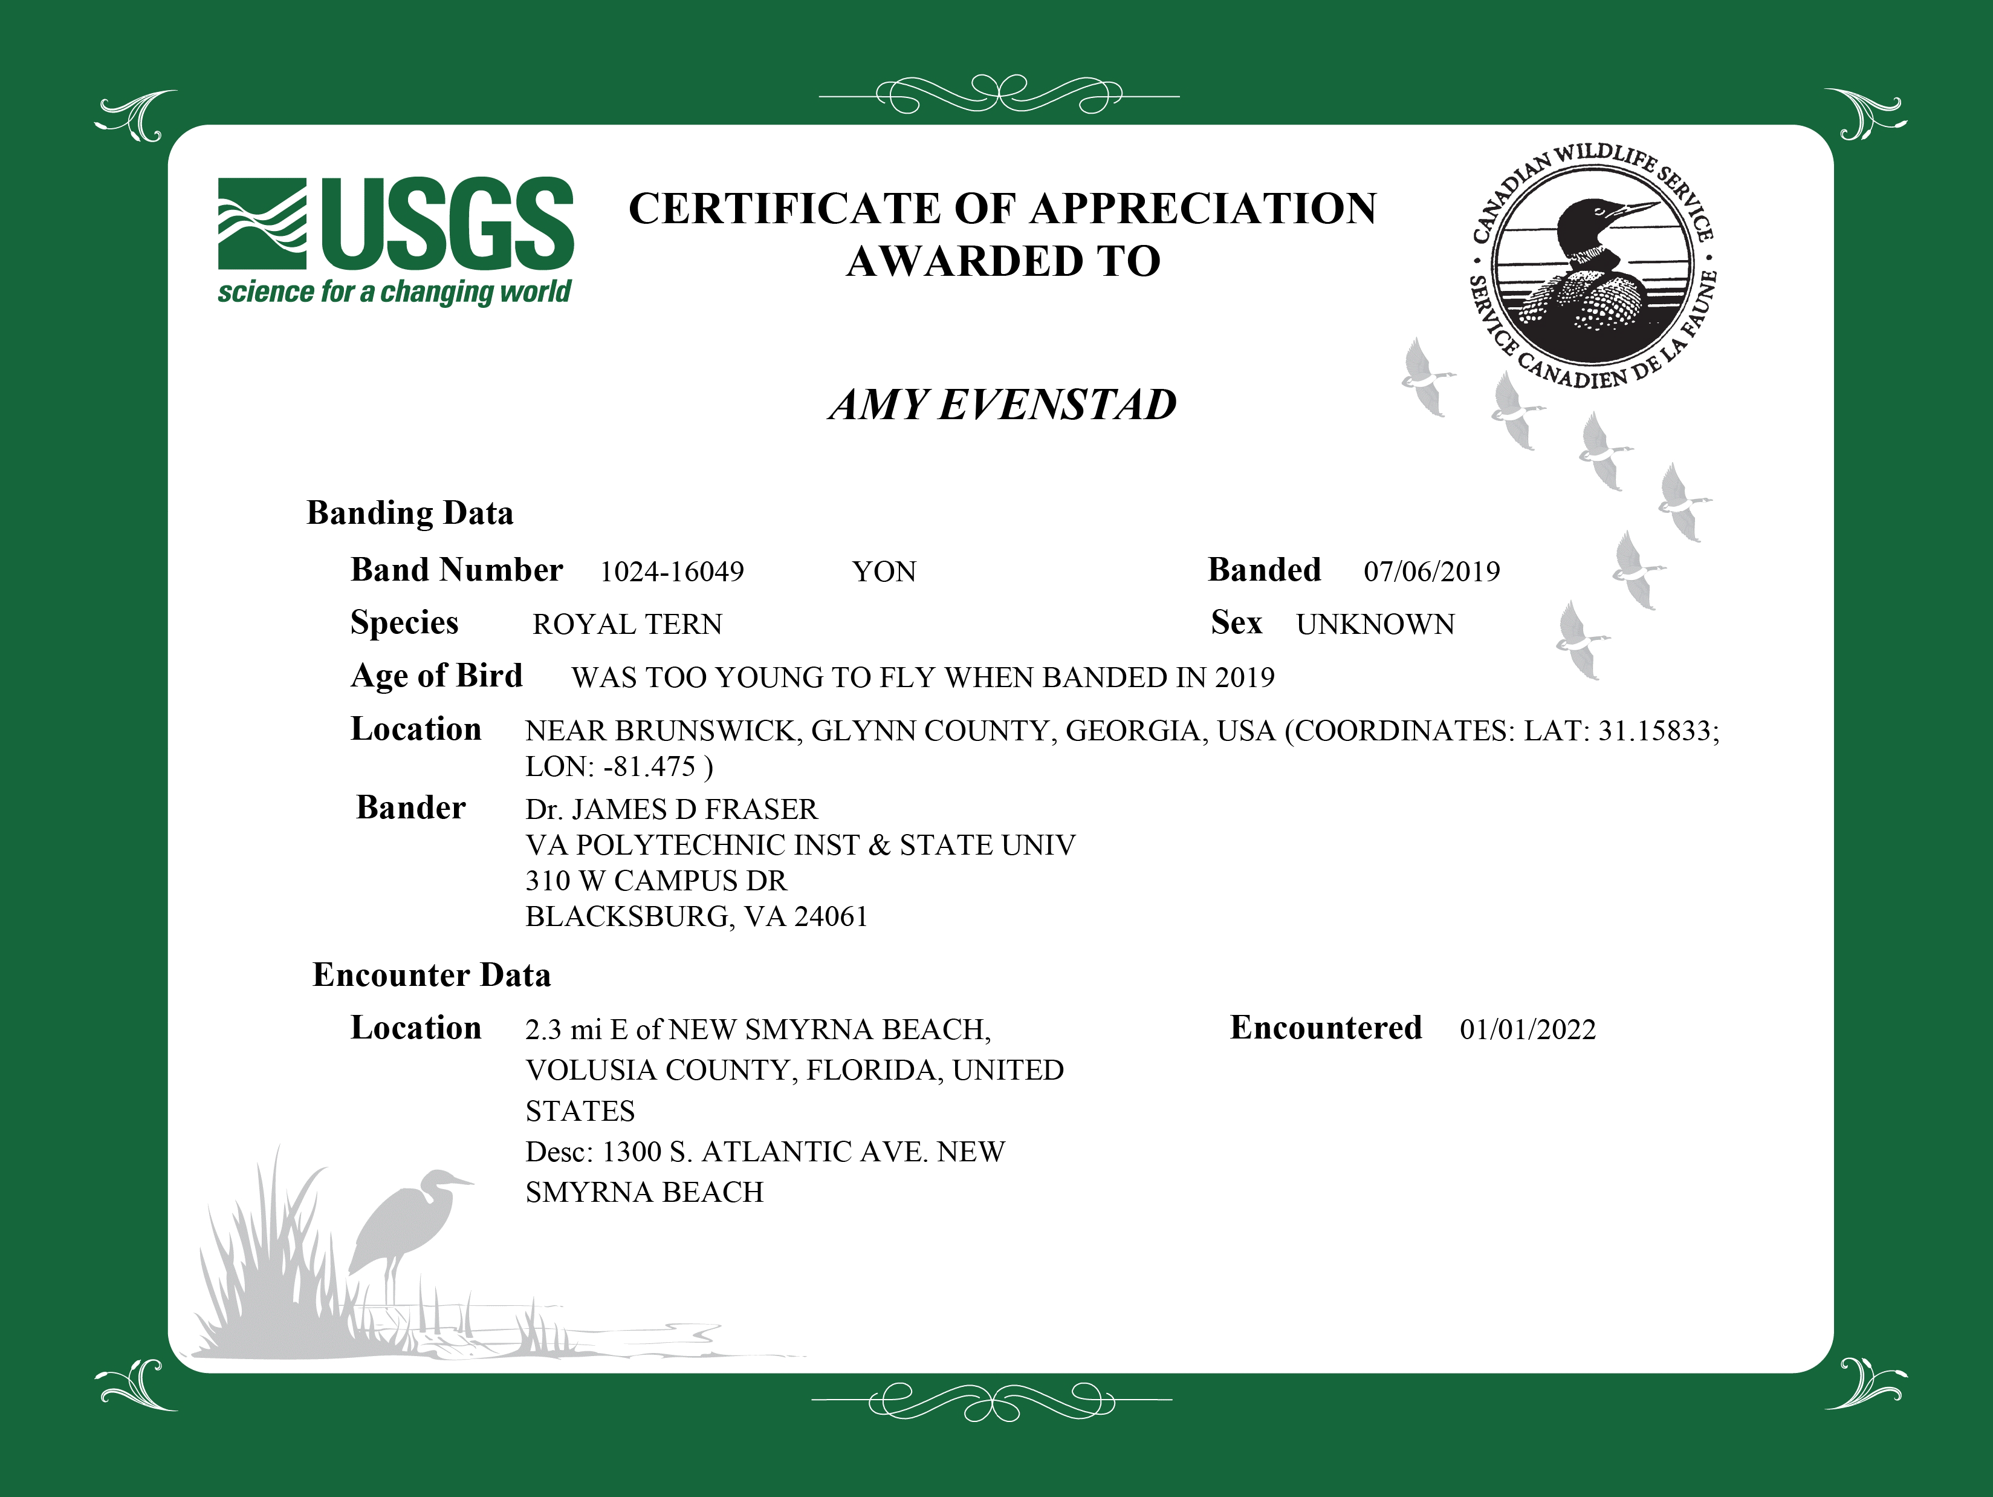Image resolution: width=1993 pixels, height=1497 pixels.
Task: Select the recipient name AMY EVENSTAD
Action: pyautogui.click(x=1003, y=405)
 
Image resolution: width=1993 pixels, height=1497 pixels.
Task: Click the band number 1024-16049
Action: pyautogui.click(x=672, y=572)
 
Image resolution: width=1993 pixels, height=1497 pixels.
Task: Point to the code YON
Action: pyautogui.click(x=884, y=572)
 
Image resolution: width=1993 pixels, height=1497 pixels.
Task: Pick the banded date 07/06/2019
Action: pyautogui.click(x=1431, y=572)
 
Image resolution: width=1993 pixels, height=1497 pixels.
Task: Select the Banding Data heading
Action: pyautogui.click(x=410, y=513)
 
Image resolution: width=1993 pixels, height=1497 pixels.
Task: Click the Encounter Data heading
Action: pyautogui.click(x=432, y=975)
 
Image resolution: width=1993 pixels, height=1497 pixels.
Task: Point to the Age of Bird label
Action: pyautogui.click(x=436, y=676)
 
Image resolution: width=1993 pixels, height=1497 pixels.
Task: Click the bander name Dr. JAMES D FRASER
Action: pyautogui.click(x=671, y=809)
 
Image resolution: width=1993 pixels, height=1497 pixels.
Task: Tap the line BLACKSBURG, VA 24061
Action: pyautogui.click(x=696, y=916)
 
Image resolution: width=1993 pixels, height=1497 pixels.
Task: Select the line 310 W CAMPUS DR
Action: pyautogui.click(x=656, y=881)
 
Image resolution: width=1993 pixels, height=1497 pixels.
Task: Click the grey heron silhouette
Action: pyautogui.click(x=406, y=1225)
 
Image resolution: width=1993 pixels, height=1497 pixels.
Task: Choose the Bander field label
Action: pyautogui.click(x=411, y=807)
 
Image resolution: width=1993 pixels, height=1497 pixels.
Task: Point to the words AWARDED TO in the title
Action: pyautogui.click(x=1003, y=261)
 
